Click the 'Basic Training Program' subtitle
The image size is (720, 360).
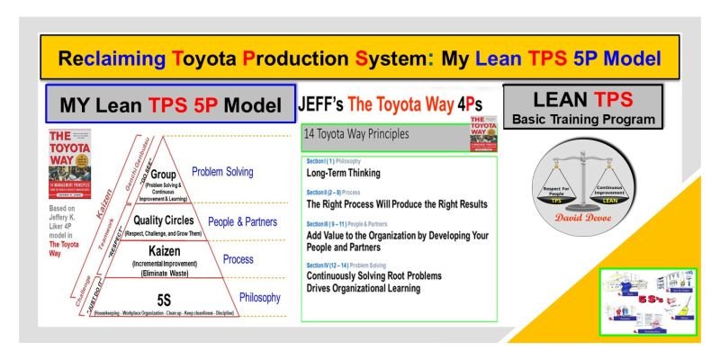pyautogui.click(x=582, y=120)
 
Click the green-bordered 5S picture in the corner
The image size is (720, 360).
pyautogui.click(x=646, y=301)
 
